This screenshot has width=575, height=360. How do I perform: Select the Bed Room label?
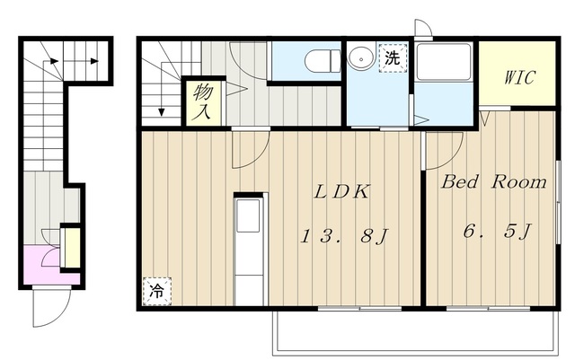click(x=493, y=182)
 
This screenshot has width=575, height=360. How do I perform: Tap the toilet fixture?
click(x=319, y=60)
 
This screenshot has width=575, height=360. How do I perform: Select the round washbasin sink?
click(x=361, y=57)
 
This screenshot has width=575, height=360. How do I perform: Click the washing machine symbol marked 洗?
click(x=393, y=57)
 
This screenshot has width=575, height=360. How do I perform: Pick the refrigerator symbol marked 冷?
click(x=155, y=291)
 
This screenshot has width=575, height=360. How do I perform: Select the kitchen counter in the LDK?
click(x=248, y=246)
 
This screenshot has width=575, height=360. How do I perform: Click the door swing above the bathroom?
click(x=423, y=28)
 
